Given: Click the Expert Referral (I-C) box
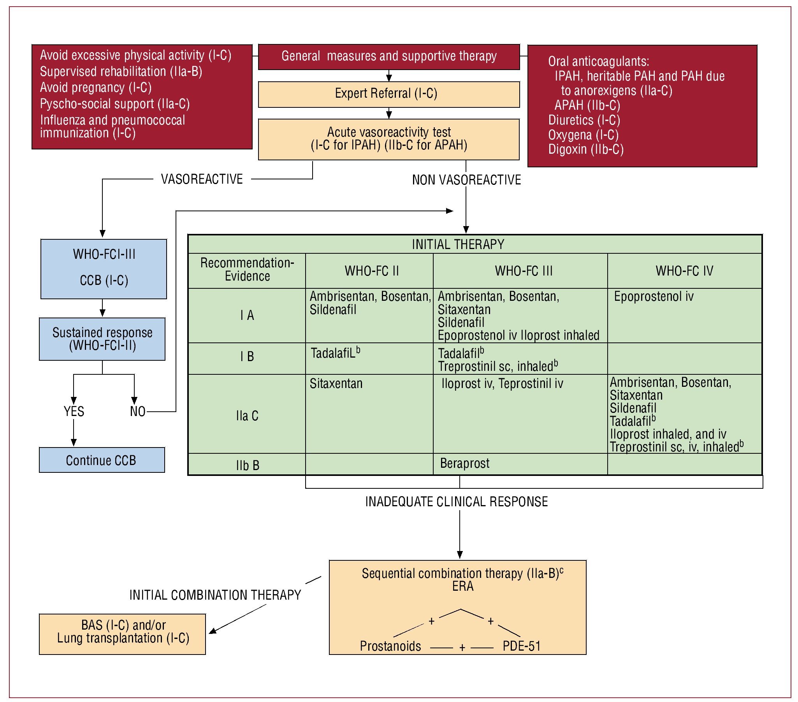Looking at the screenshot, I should point(388,94).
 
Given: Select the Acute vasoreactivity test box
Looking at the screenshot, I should point(388,139).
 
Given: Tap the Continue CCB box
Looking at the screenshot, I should point(102,460).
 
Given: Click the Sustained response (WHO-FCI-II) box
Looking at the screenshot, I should point(102,339).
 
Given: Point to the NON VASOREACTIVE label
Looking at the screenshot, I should point(466,180).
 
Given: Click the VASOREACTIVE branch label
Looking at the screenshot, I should point(202,179).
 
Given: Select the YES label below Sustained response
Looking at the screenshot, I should point(74,411).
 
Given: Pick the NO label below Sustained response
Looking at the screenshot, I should point(137,411).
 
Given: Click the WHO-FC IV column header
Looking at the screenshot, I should point(684,271).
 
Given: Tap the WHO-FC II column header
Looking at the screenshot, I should point(371,271).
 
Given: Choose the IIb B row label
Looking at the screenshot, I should point(247,465).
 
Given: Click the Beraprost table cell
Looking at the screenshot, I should point(464,463).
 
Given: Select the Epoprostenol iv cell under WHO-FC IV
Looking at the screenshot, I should point(654,297).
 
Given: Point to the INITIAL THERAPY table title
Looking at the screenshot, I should point(458,244).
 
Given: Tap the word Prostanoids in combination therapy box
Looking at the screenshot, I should point(390,646).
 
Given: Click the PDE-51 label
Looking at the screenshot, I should point(521,646).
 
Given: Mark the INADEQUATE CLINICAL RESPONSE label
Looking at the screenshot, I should point(456,502).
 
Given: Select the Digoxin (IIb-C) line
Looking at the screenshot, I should point(585,149).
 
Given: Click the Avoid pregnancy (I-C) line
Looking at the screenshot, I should point(96,88).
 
